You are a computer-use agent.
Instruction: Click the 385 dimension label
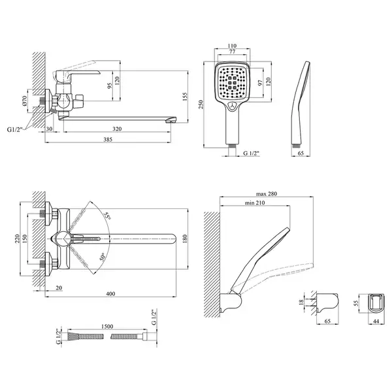point(108,140)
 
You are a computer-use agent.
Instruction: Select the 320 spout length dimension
point(117,129)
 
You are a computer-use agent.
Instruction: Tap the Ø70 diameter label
point(25,101)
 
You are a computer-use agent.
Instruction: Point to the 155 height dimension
point(185,97)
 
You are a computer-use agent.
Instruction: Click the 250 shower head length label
point(201,105)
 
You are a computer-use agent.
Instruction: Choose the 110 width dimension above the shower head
point(232,46)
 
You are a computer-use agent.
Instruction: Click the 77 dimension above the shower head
point(232,52)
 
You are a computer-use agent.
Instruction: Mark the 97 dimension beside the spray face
point(260,83)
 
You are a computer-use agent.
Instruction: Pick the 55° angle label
point(108,216)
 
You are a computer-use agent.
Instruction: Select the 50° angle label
point(103,257)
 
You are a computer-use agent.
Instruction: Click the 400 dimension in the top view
point(110,294)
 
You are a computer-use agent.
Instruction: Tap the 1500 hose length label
point(107,327)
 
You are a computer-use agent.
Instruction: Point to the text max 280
point(267,194)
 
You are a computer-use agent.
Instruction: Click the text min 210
point(255,203)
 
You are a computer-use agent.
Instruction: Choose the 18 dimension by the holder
point(301,302)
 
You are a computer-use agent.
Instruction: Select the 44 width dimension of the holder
point(376,321)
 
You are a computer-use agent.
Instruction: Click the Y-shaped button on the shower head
point(233,106)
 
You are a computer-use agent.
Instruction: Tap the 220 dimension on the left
point(17,239)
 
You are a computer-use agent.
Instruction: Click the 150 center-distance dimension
point(24,239)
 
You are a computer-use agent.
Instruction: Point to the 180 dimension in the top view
point(185,239)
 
